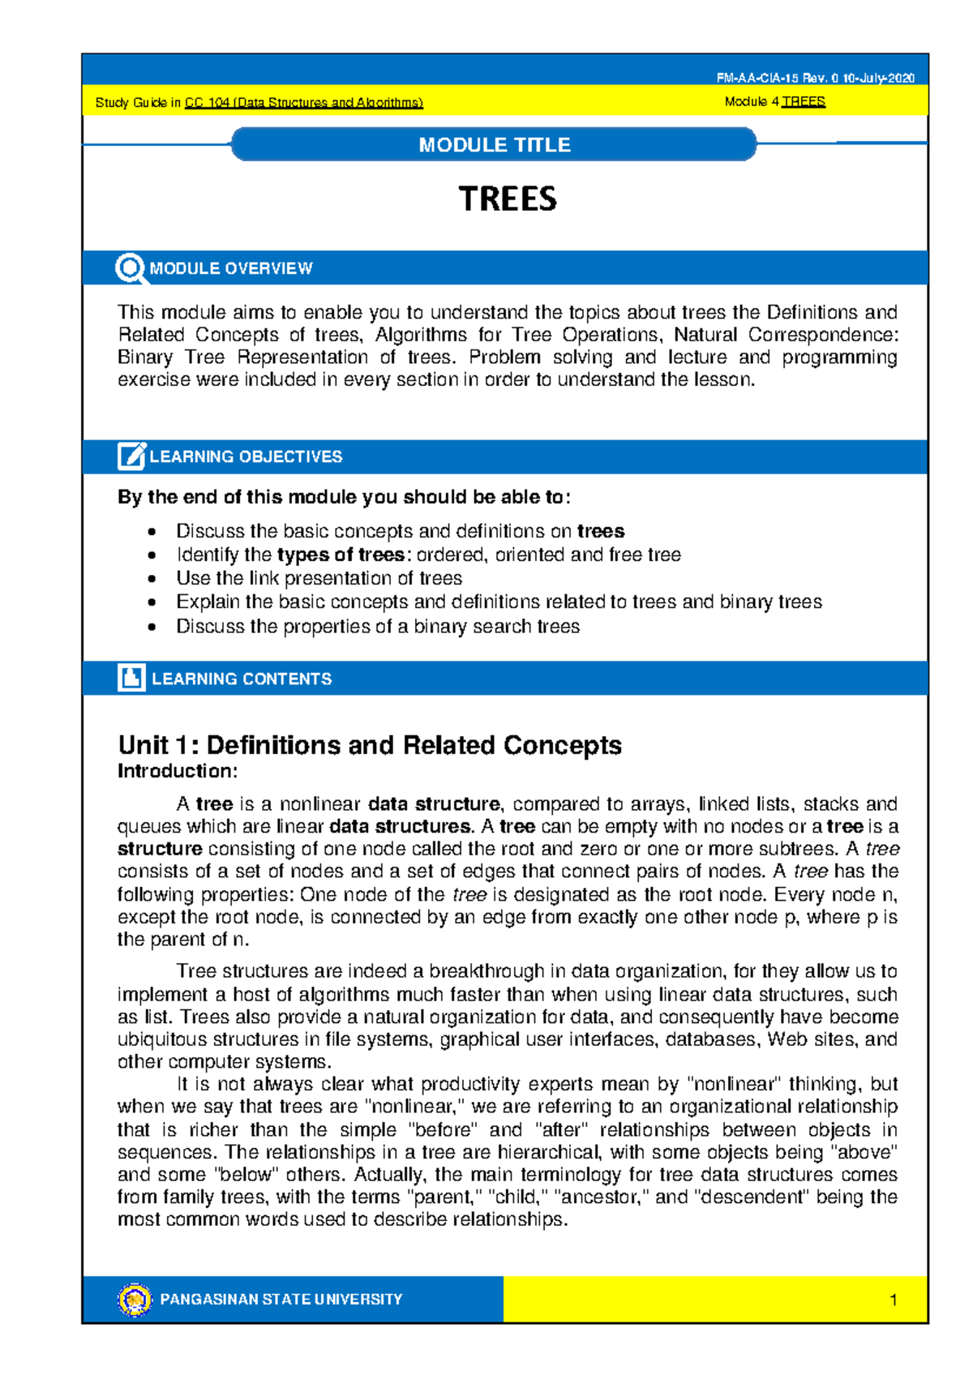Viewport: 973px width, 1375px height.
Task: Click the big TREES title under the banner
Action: click(x=508, y=199)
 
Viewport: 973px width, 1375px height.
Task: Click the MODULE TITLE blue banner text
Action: click(x=494, y=145)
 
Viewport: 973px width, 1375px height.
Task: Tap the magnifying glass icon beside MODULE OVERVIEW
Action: click(x=129, y=268)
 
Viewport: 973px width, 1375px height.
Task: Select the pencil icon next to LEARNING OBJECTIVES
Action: click(x=131, y=456)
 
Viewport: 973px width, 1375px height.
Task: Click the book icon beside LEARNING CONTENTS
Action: click(x=131, y=678)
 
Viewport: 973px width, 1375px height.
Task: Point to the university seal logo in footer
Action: click(x=135, y=1299)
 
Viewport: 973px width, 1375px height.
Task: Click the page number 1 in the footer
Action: click(x=893, y=1300)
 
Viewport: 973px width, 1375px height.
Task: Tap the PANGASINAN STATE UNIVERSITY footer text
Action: click(x=281, y=1299)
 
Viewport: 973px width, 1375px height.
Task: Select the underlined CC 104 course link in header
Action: click(x=303, y=103)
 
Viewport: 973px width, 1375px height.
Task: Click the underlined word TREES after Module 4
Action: click(x=803, y=102)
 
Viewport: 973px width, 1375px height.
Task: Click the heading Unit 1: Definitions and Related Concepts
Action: click(x=370, y=745)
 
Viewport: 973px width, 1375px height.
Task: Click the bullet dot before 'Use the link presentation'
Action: click(x=152, y=579)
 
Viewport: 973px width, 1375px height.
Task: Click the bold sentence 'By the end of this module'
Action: click(x=344, y=497)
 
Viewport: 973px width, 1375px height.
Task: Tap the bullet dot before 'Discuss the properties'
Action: click(x=152, y=627)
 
